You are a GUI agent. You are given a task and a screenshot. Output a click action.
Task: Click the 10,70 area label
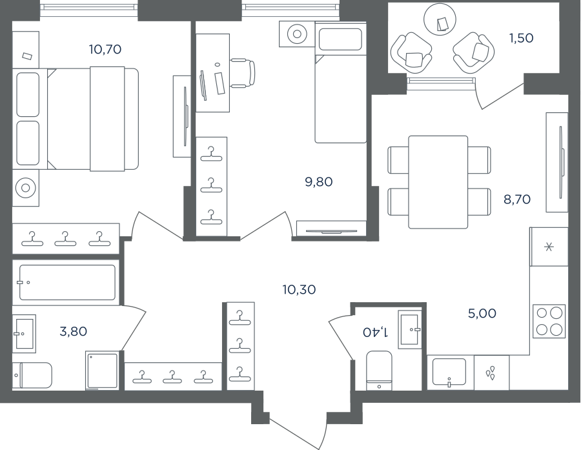105,49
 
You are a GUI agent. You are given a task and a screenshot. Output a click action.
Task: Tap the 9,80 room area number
319,182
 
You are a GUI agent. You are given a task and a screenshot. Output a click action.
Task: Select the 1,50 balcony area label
522,38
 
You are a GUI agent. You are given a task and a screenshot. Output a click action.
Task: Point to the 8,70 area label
517,199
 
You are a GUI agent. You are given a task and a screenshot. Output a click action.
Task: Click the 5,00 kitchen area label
482,314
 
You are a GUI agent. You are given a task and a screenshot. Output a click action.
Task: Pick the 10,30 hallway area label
299,289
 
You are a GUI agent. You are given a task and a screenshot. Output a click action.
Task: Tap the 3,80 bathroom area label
74,331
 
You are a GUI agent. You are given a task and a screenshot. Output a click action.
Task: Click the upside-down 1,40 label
376,332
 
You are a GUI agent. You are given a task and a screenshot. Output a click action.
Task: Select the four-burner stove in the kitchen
549,321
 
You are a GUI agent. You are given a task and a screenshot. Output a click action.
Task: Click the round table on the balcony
440,20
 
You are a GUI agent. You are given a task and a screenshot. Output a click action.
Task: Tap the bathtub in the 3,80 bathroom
66,282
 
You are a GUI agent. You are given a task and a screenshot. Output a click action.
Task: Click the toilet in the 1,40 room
379,371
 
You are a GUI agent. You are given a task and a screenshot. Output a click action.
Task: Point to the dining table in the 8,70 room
438,182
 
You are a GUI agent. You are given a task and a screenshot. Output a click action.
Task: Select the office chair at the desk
243,73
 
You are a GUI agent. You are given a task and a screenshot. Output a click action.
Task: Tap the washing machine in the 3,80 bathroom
103,371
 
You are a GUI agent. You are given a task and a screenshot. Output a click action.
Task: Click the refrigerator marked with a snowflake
549,247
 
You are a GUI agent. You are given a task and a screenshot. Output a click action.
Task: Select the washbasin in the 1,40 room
410,329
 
